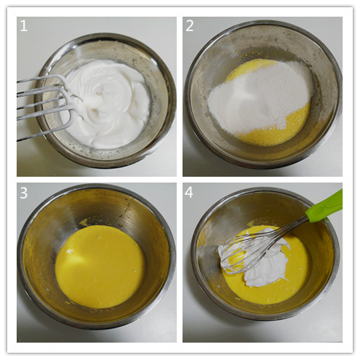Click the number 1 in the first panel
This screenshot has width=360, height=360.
pos(24,26)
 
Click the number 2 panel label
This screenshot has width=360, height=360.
pos(190,26)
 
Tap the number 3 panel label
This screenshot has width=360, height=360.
pos(24,193)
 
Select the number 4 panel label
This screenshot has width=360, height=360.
pos(189,193)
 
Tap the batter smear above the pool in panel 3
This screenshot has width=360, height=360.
pos(83,222)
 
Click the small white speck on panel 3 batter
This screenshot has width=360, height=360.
pos(70,251)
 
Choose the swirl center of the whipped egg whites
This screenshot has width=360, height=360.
pos(100,93)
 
